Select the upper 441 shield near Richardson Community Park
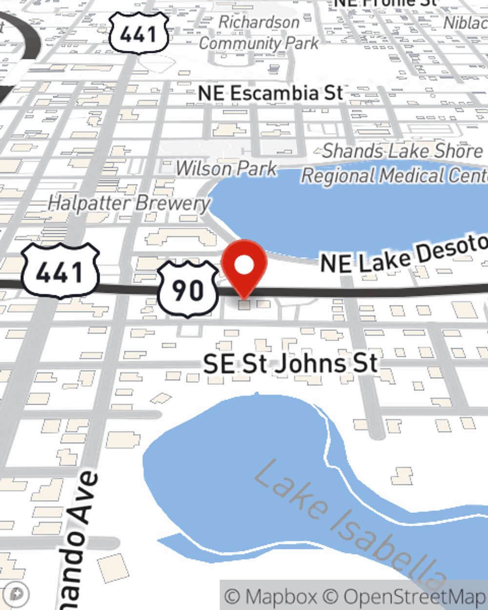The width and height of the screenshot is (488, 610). pyautogui.click(x=139, y=33)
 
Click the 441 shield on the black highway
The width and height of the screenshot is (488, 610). pyautogui.click(x=61, y=271)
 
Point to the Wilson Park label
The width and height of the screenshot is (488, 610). pyautogui.click(x=226, y=168)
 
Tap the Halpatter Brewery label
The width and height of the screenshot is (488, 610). pyautogui.click(x=129, y=203)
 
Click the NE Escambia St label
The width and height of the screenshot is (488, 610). pyautogui.click(x=270, y=93)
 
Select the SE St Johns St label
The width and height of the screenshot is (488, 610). pyautogui.click(x=290, y=364)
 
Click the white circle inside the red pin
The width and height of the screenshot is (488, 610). pyautogui.click(x=244, y=265)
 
